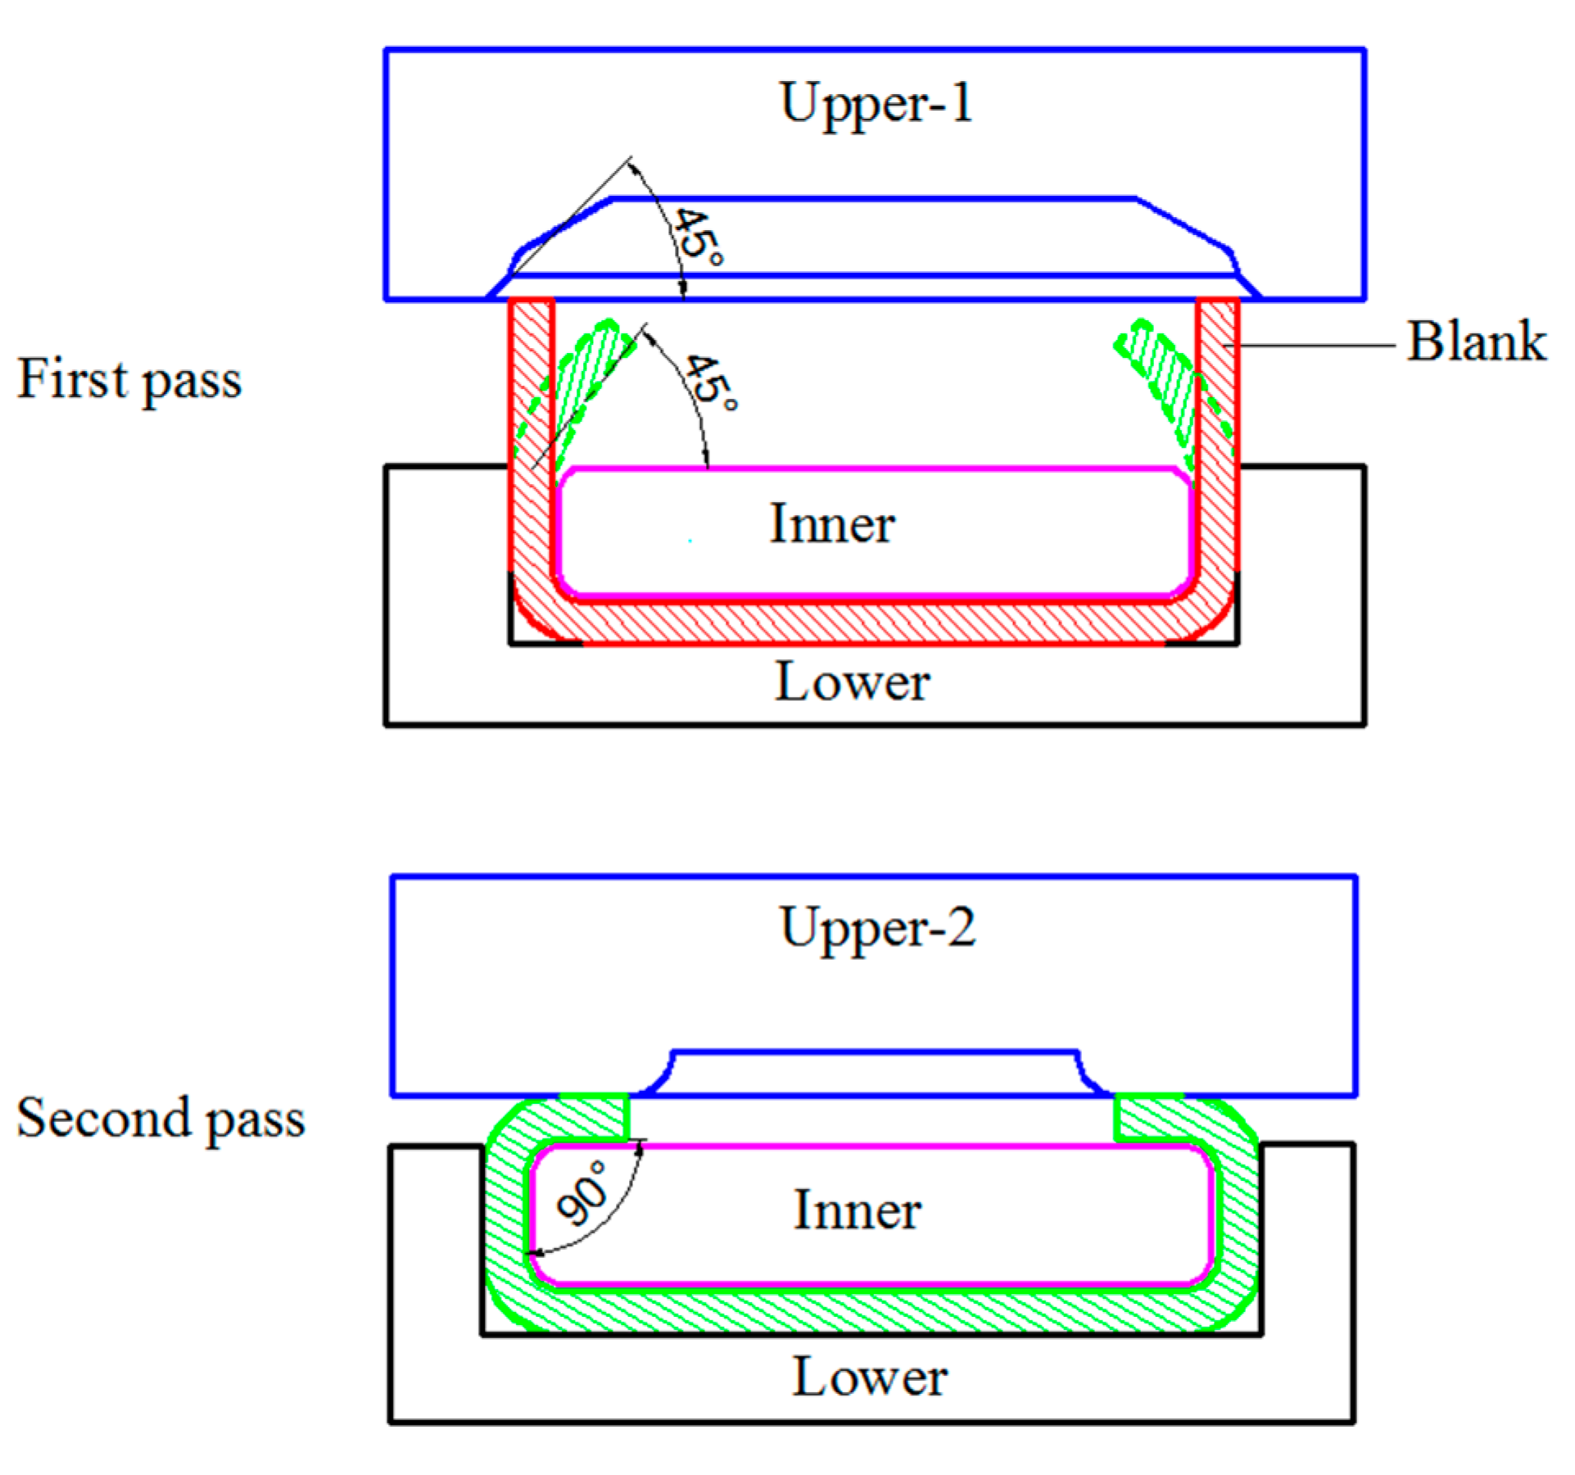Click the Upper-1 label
876,104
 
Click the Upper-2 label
878,929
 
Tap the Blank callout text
1476,342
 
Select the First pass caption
129,380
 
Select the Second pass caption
161,1118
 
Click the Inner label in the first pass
832,524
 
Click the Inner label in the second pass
858,1210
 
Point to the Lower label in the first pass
852,682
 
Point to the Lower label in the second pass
870,1377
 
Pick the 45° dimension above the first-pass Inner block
711,382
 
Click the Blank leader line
1310,346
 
